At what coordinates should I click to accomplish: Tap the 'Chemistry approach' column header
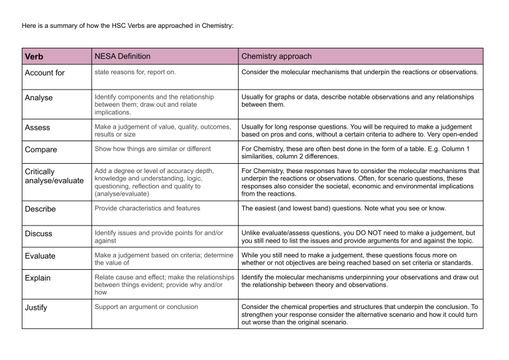(276, 56)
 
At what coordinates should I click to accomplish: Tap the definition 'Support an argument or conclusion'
(148, 307)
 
